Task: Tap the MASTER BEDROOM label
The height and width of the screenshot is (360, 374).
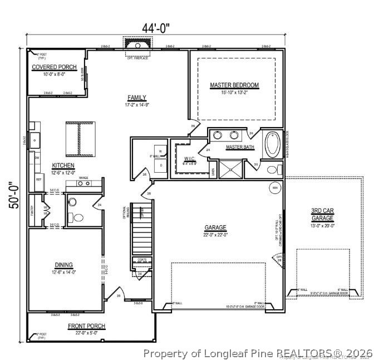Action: pos(234,85)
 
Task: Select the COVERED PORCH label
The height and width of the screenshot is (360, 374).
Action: pos(55,67)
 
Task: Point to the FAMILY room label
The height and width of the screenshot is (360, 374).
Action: pos(137,97)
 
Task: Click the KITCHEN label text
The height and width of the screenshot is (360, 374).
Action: pos(63,166)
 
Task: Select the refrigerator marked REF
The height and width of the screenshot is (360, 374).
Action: pos(39,179)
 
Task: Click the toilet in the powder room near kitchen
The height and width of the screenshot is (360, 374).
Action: pos(78,217)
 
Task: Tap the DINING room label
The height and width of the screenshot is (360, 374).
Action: pos(64,265)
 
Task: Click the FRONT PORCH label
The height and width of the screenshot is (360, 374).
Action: pos(86,326)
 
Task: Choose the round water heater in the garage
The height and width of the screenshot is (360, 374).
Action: pos(275,188)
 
